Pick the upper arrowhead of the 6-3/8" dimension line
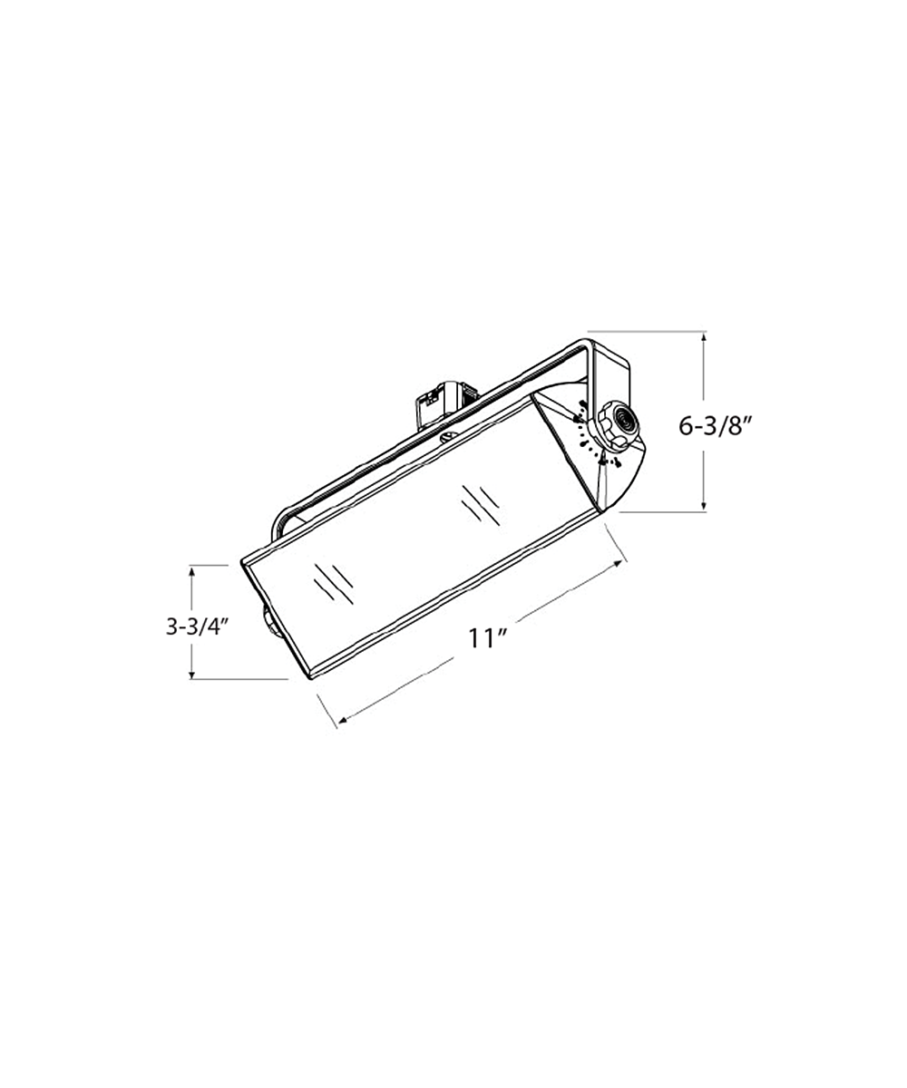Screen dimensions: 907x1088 pos(704,337)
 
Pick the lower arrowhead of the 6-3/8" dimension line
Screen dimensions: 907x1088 pos(704,505)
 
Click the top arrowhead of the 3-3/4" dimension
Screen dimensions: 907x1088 pos(191,571)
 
